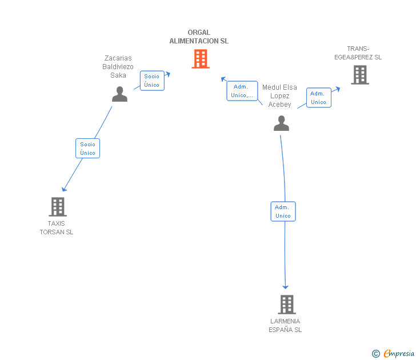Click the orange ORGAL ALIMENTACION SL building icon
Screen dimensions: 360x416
click(200, 58)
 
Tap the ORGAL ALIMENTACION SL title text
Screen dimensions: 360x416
click(199, 37)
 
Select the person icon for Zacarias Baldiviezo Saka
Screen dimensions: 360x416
click(119, 94)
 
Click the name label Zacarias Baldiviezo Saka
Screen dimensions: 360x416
click(118, 67)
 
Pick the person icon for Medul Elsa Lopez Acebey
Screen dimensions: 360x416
click(281, 123)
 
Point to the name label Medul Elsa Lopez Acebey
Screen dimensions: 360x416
click(279, 96)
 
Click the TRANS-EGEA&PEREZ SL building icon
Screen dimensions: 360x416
click(359, 75)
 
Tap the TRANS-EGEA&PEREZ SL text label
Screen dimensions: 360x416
click(358, 53)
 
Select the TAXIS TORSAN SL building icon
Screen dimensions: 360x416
click(58, 206)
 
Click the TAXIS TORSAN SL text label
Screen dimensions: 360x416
click(57, 228)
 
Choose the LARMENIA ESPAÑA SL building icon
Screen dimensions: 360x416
click(287, 305)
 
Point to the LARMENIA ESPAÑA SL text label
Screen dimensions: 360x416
click(285, 325)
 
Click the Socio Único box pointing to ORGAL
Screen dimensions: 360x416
click(152, 81)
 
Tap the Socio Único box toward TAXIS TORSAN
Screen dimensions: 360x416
click(88, 149)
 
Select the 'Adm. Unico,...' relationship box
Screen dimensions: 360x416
click(242, 91)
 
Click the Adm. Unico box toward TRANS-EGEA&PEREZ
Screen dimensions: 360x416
click(318, 98)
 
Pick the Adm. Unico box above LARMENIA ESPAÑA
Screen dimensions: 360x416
click(283, 211)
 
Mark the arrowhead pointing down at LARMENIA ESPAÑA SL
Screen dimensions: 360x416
click(285, 287)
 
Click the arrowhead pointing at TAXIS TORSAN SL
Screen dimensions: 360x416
click(64, 189)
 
